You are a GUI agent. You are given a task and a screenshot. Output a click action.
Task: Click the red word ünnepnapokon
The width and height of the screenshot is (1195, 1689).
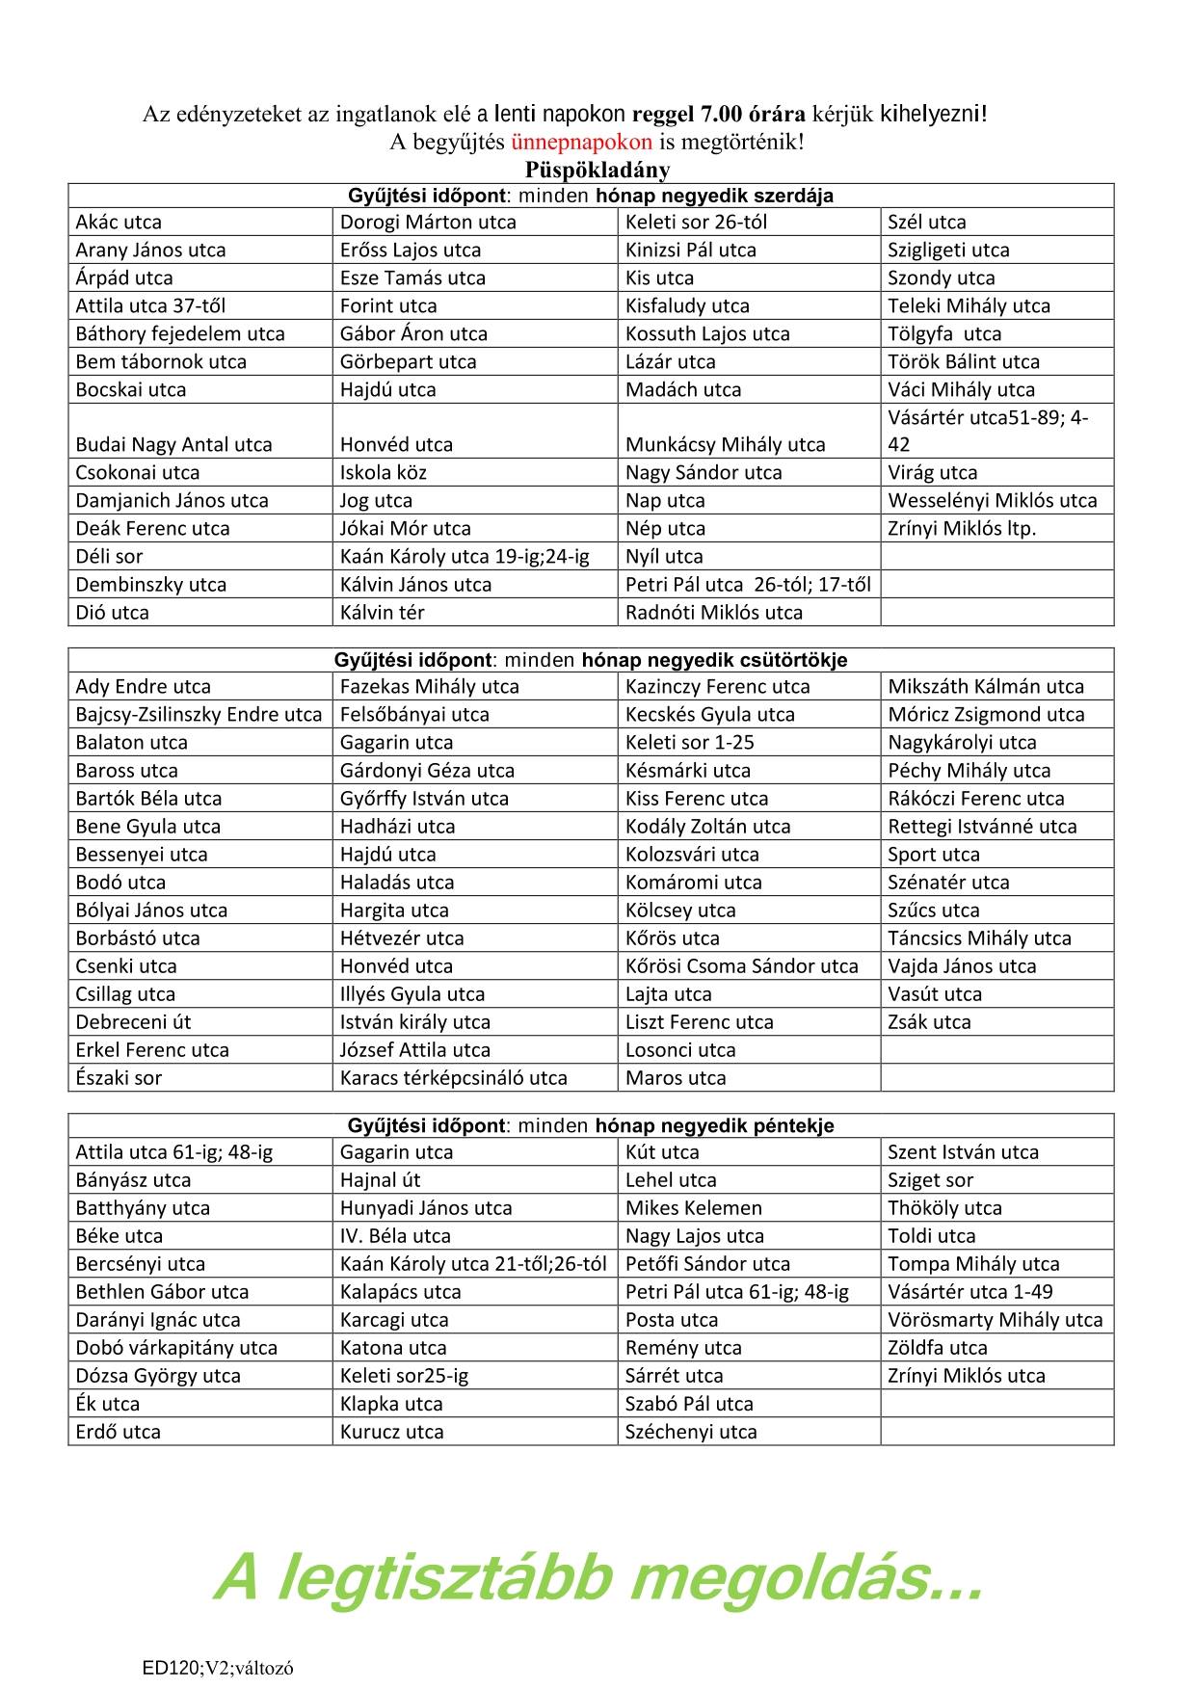pos(581,142)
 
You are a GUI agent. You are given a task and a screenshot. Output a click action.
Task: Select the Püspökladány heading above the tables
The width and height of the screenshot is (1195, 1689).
pos(597,170)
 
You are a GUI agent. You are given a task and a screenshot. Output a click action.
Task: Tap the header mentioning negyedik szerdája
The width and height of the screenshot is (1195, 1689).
pos(590,196)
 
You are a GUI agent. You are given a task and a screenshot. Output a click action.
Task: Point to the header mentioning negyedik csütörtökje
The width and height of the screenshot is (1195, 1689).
pos(590,660)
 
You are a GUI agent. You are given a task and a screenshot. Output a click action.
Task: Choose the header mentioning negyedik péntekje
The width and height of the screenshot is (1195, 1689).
pos(590,1125)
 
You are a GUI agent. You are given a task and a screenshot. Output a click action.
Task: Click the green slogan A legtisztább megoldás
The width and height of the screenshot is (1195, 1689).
pos(597,1577)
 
